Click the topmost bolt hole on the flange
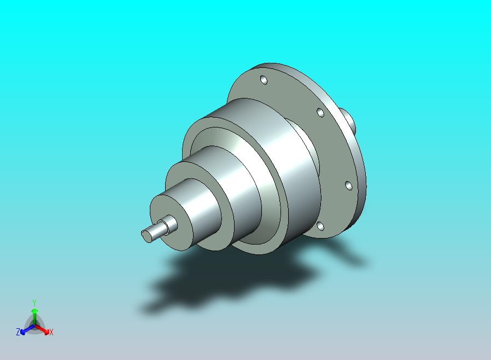pyautogui.click(x=264, y=80)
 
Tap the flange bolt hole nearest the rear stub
pyautogui.click(x=320, y=112)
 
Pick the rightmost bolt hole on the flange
pyautogui.click(x=348, y=185)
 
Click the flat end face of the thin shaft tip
pyautogui.click(x=145, y=236)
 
